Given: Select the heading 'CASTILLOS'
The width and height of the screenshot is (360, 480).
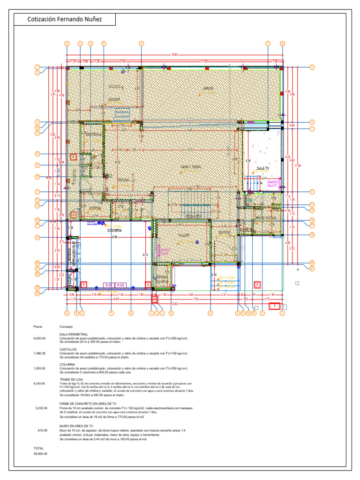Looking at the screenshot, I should pos(68,349).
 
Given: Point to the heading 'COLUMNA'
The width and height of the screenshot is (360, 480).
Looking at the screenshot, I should pos(67,364).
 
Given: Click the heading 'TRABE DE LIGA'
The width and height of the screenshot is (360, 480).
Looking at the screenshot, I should pos(71,379).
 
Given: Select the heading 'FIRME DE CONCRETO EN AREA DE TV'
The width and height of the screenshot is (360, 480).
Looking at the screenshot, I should pos(87,403).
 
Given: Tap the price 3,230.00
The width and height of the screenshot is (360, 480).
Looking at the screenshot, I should pos(42,408).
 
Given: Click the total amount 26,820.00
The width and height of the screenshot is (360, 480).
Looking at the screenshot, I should pos(40,454).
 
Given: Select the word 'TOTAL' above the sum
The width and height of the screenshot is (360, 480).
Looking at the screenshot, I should pos(38,448).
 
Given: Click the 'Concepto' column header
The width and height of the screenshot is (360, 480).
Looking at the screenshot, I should pos(67,326).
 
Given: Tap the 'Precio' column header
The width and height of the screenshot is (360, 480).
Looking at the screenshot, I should pos(38,326).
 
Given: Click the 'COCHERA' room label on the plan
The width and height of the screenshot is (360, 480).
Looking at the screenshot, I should pos(114,231).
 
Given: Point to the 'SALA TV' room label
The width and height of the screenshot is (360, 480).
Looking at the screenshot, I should pos(262,168).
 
